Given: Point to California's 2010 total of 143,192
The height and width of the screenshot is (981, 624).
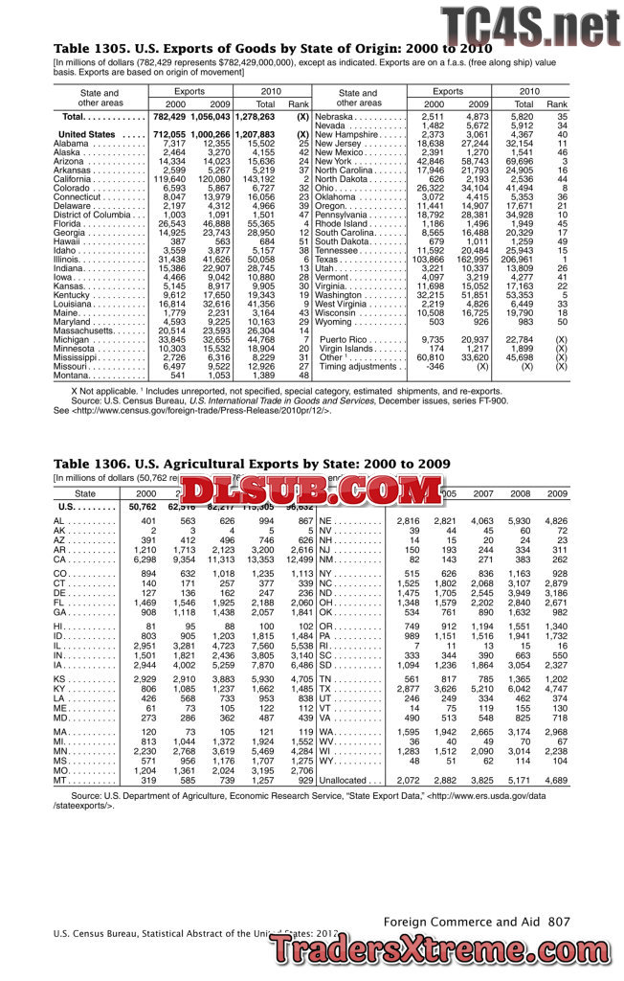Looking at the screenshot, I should pyautogui.click(x=260, y=179).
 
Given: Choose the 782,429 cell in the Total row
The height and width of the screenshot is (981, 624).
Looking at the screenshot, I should pyautogui.click(x=169, y=116).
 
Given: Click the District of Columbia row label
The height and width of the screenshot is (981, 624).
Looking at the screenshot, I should pyautogui.click(x=94, y=216).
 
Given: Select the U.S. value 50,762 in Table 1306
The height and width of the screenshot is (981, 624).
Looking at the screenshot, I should pyautogui.click(x=141, y=506).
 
